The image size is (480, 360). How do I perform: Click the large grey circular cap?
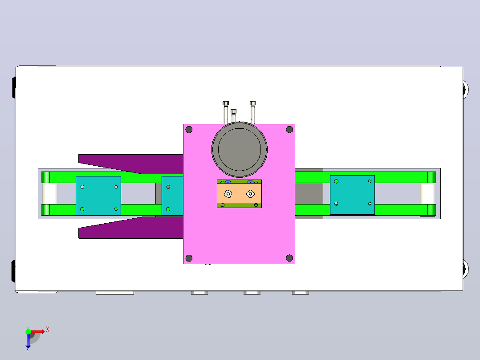pyautogui.click(x=240, y=150)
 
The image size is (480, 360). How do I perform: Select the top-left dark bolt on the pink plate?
pyautogui.click(x=189, y=130)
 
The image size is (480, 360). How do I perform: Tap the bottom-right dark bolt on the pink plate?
pyautogui.click(x=289, y=258)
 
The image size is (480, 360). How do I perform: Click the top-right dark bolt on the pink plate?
pyautogui.click(x=289, y=130)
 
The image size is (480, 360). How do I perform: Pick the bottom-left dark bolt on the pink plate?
pyautogui.click(x=189, y=258)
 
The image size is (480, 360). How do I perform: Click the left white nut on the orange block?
pyautogui.click(x=228, y=194)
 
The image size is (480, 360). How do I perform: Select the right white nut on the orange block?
pyautogui.click(x=250, y=194)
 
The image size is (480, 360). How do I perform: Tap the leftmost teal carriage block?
pyautogui.click(x=98, y=196)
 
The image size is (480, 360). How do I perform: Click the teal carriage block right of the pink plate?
pyautogui.click(x=352, y=195)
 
